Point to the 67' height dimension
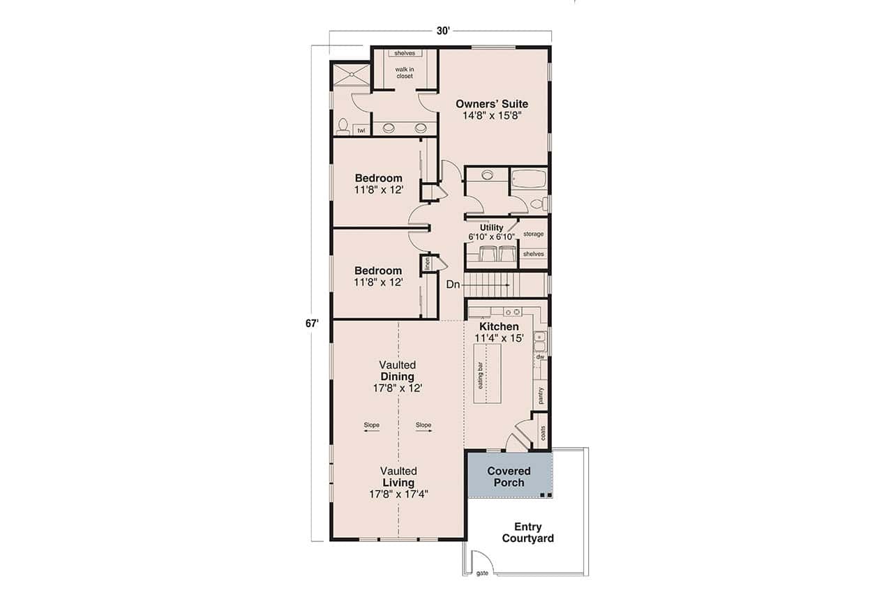[x=311, y=323]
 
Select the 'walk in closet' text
[x=405, y=73]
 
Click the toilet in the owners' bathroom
[x=343, y=126]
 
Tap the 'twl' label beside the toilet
[x=361, y=130]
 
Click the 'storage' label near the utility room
[x=533, y=234]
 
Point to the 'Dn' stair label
[x=453, y=285]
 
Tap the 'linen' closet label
[x=426, y=264]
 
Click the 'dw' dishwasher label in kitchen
[x=539, y=357]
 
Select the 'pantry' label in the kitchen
[x=540, y=396]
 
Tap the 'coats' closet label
[x=541, y=432]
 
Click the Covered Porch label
[x=509, y=477]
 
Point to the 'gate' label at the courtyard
[x=481, y=573]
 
